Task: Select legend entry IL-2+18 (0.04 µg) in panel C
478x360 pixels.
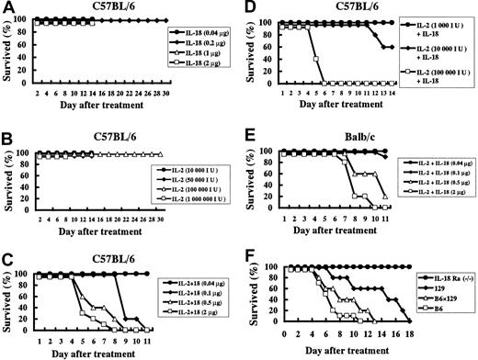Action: click(x=190, y=272)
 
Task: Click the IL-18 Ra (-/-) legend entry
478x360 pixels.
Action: click(x=437, y=276)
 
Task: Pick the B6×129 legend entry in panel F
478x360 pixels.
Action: click(x=430, y=299)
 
